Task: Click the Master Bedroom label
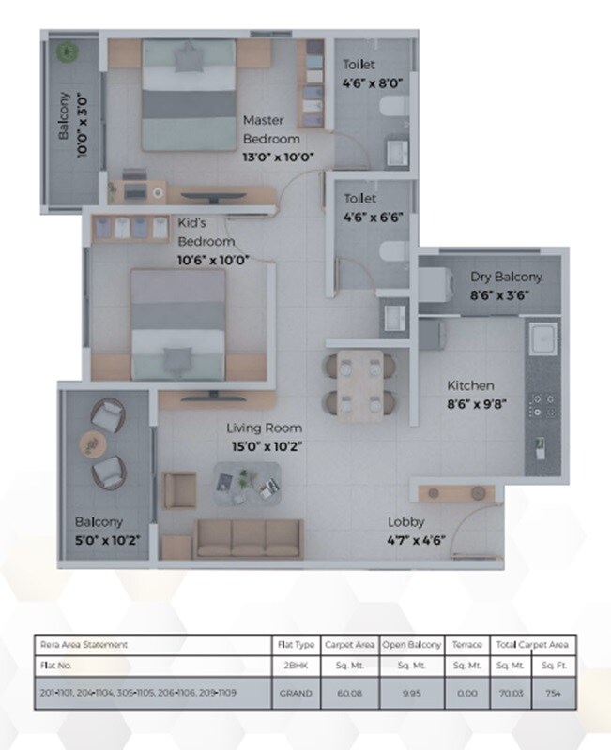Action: tap(271, 129)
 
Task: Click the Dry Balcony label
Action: tap(506, 277)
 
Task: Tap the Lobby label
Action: tap(406, 521)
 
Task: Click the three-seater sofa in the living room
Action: tap(249, 537)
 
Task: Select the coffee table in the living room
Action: tap(247, 483)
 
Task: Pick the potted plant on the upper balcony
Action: tap(67, 52)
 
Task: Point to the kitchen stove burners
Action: tap(542, 404)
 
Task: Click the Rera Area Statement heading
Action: tap(84, 644)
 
